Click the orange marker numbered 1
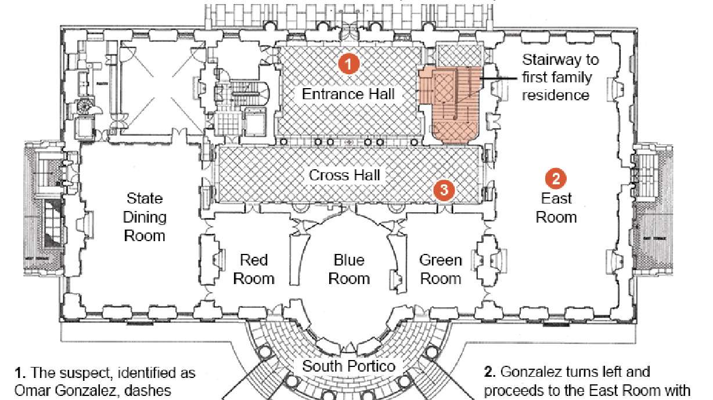point(348,64)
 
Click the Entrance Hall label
point(348,93)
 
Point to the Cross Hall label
point(345,174)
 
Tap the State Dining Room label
point(145,217)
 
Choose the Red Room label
point(253,269)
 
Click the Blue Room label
point(349,269)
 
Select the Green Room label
point(441,269)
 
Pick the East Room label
point(556,208)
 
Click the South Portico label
point(349,366)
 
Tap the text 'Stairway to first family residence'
point(560,77)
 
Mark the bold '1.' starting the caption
point(19,372)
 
